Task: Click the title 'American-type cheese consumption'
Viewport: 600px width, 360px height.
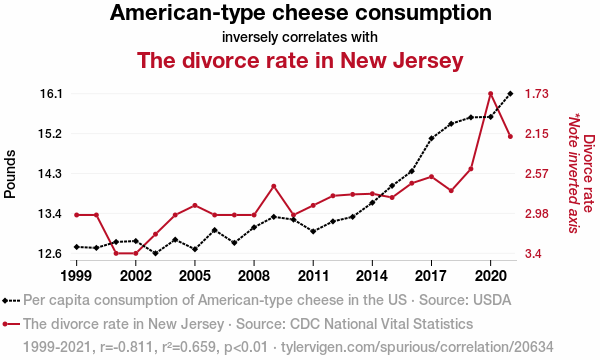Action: coord(300,14)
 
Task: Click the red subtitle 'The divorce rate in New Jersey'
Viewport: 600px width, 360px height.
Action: coord(300,61)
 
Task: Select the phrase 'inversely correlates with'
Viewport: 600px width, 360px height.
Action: coord(300,38)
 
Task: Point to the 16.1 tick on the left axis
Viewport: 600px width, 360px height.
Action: coord(50,93)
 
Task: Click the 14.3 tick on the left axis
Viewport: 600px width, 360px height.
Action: coord(50,173)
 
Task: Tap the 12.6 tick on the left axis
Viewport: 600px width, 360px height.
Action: coord(50,253)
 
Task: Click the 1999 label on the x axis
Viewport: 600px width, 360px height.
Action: coord(76,274)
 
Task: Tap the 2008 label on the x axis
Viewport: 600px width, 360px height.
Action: coord(254,274)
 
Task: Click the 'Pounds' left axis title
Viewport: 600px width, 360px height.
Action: coord(11,174)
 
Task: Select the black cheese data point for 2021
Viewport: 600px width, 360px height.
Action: coord(511,93)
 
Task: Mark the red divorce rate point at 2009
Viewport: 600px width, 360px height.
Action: coord(274,186)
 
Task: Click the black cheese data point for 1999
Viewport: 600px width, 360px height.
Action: coord(76,246)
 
